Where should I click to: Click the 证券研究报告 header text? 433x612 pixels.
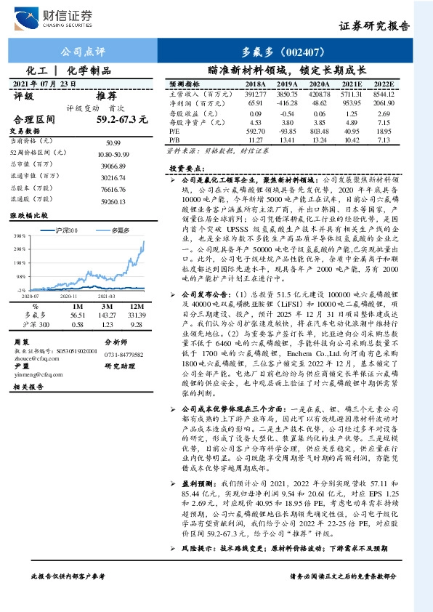click(x=374, y=27)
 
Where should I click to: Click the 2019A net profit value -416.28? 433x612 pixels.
click(x=286, y=104)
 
